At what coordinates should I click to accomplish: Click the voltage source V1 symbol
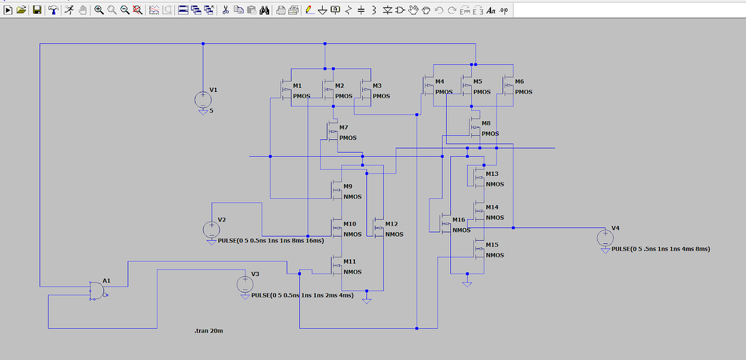(203, 99)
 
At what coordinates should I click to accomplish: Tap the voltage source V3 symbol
(246, 285)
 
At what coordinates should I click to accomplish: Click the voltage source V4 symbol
(605, 238)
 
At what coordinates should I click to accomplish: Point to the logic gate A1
(98, 290)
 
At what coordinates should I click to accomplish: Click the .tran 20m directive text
(209, 331)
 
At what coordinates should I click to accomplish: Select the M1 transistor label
(297, 85)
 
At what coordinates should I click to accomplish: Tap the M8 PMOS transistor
(476, 128)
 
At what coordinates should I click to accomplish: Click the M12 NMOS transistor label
(391, 223)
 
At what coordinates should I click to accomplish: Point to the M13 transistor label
(492, 173)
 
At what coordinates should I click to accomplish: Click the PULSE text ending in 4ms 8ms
(661, 249)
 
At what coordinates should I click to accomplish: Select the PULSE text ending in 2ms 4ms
(302, 295)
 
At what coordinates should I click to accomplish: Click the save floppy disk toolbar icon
(37, 10)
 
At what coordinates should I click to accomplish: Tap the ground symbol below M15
(467, 283)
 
